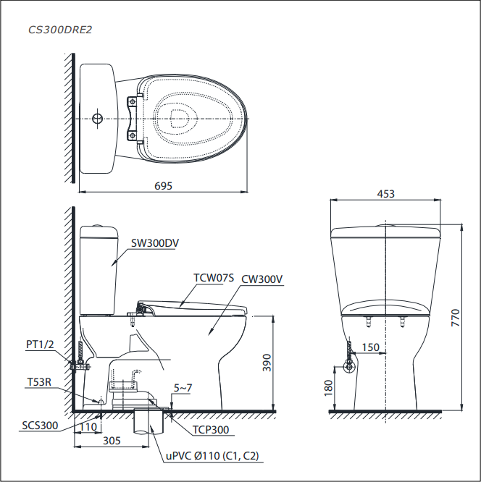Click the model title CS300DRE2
click(x=60, y=30)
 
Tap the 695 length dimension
click(x=163, y=186)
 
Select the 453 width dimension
click(x=385, y=194)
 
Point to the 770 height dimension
click(x=455, y=318)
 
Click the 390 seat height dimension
click(x=267, y=363)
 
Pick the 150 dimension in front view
click(x=370, y=347)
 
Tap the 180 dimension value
click(x=328, y=388)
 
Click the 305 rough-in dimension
click(x=112, y=441)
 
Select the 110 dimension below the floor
click(x=88, y=427)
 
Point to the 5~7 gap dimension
click(x=183, y=388)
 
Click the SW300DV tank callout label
click(x=155, y=243)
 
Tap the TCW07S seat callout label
click(x=214, y=278)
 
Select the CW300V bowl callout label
click(x=262, y=279)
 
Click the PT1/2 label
click(x=40, y=344)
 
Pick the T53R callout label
click(x=39, y=382)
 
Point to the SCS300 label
click(x=40, y=426)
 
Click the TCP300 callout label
click(x=211, y=430)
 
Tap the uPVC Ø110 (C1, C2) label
click(x=212, y=455)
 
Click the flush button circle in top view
click(x=97, y=119)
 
